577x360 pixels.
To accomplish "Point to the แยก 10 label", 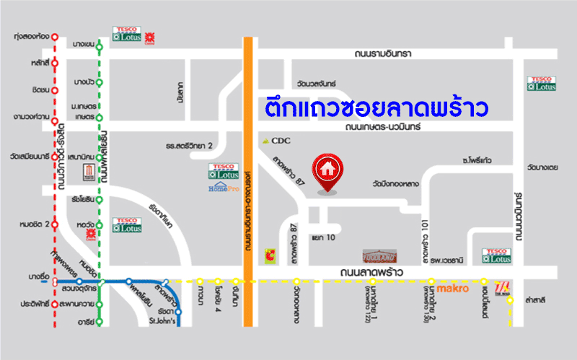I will point(323,237).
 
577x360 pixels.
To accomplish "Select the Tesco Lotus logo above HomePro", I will point(223,171).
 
